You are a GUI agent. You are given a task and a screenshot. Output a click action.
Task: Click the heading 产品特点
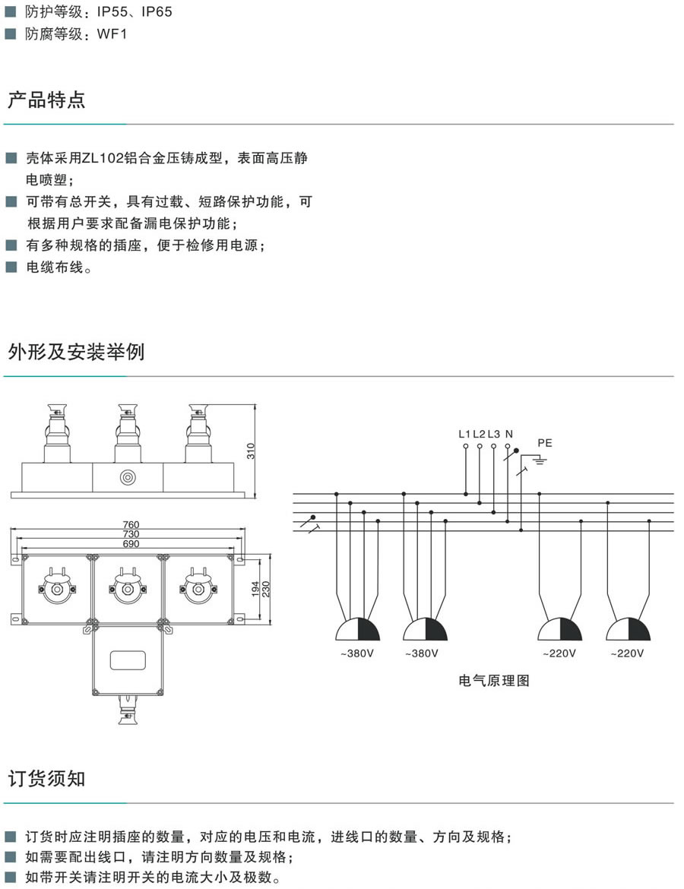pyautogui.click(x=46, y=100)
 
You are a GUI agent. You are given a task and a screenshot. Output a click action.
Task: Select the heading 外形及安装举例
pyautogui.click(x=76, y=353)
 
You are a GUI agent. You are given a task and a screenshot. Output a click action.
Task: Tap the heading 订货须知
pyautogui.click(x=46, y=779)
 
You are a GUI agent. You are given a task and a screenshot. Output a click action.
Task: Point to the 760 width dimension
pyautogui.click(x=131, y=525)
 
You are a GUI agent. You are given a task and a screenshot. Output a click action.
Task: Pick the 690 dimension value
pyautogui.click(x=131, y=545)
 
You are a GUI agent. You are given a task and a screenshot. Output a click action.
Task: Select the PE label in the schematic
pyautogui.click(x=545, y=442)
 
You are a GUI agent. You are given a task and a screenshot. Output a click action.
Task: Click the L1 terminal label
pyautogui.click(x=465, y=434)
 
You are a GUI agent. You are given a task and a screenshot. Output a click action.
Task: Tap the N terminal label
pyautogui.click(x=508, y=434)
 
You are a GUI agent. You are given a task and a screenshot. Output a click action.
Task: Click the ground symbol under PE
pyautogui.click(x=540, y=458)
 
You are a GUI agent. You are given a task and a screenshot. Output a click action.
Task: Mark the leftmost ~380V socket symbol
pyautogui.click(x=357, y=630)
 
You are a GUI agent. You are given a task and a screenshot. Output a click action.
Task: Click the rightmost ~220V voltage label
pyautogui.click(x=627, y=653)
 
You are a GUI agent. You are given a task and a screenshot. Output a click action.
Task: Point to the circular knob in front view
pyautogui.click(x=127, y=477)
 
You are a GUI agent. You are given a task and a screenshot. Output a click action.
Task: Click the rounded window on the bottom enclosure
pyautogui.click(x=127, y=660)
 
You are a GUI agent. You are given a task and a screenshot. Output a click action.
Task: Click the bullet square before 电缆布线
pyautogui.click(x=11, y=267)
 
